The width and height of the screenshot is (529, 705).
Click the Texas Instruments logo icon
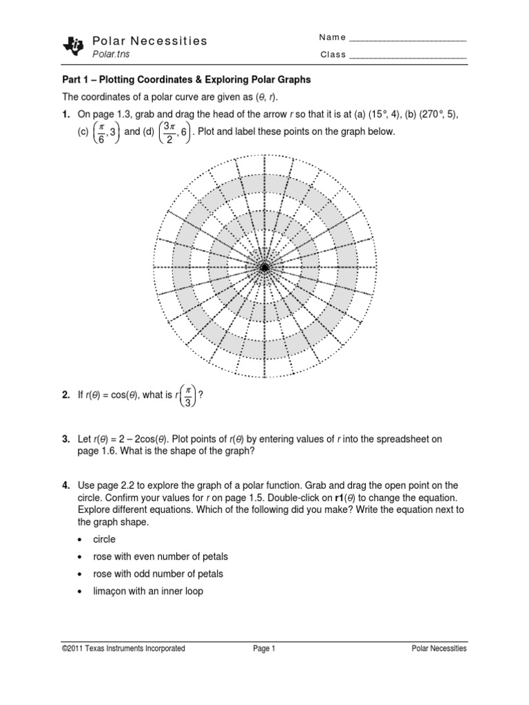pos(72,45)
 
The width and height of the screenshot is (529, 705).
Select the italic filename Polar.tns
pos(111,54)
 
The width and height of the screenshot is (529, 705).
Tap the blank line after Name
pos(408,38)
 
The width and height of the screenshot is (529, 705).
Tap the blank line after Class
pos(408,55)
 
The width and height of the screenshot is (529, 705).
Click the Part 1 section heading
pos(186,80)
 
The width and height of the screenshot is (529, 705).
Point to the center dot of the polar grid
pos(264,267)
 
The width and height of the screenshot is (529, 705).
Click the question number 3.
pos(66,438)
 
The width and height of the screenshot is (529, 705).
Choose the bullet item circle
pos(104,539)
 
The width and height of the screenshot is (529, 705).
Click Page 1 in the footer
pos(264,648)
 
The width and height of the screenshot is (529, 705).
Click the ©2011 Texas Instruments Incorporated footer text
pos(123,648)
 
